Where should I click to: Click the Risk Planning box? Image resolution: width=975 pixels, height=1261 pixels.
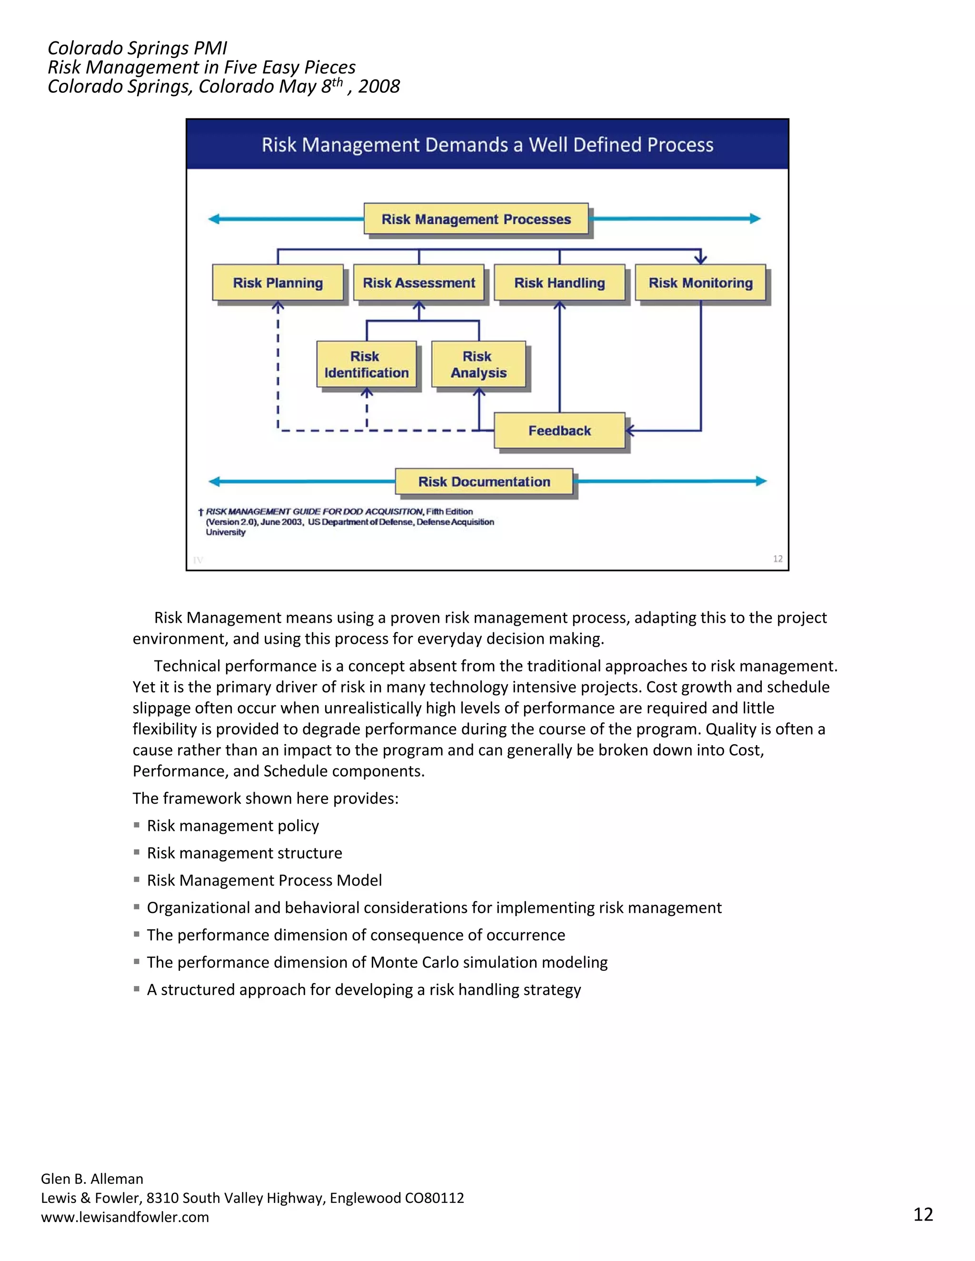click(x=278, y=283)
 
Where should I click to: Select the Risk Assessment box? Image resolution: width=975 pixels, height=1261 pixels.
click(x=419, y=283)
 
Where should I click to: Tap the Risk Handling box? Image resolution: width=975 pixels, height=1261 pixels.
click(x=559, y=283)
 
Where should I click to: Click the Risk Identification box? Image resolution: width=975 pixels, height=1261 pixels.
click(x=366, y=365)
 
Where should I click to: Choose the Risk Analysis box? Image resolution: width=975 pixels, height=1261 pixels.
click(x=478, y=365)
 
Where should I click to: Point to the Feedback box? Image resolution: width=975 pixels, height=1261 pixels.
click(x=559, y=431)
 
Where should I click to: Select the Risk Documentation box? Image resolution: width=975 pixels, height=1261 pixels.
click(x=484, y=482)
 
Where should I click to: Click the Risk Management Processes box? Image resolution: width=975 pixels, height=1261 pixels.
click(x=476, y=219)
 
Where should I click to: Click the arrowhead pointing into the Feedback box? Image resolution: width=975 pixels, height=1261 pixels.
click(x=630, y=431)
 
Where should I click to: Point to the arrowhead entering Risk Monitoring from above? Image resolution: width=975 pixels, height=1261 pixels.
click(x=701, y=259)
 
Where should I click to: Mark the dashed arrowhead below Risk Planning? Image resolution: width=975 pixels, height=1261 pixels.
click(x=278, y=308)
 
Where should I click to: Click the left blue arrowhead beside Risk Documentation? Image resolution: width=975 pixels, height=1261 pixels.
click(x=214, y=482)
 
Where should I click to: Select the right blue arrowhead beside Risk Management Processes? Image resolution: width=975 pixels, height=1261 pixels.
click(x=755, y=219)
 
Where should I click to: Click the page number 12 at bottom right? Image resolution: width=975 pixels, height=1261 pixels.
click(x=923, y=1214)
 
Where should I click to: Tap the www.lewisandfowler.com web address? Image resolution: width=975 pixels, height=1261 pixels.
click(x=125, y=1217)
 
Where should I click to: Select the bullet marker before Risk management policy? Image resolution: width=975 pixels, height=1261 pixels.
click(x=137, y=825)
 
